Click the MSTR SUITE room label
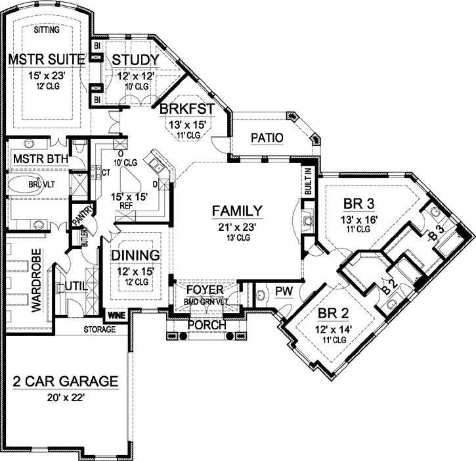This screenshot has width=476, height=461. tap(47, 61)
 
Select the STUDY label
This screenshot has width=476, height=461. tap(135, 61)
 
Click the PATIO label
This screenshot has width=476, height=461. tap(267, 138)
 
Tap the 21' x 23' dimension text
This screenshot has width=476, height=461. tap(237, 226)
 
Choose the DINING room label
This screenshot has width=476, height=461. tap(136, 255)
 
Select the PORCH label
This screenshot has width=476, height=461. tap(207, 325)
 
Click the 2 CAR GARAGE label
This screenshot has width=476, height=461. tap(66, 381)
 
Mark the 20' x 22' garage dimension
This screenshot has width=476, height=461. tap(66, 397)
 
